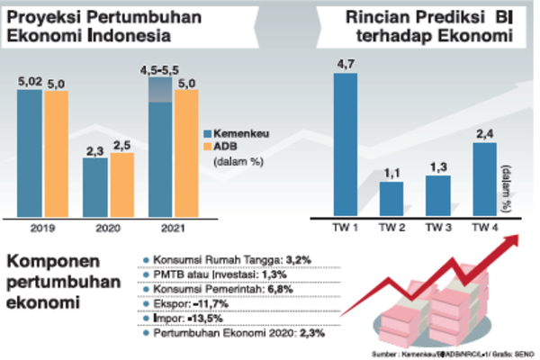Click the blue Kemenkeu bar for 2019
click(30, 153)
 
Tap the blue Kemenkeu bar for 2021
click(160, 157)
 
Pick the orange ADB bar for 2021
click(186, 153)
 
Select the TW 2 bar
click(391, 198)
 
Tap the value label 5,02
click(30, 82)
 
